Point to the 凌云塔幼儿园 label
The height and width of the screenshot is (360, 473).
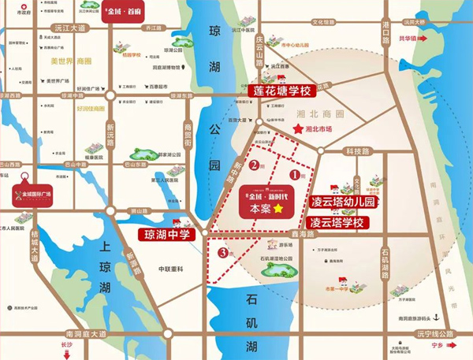pyautogui.click(x=341, y=202)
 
